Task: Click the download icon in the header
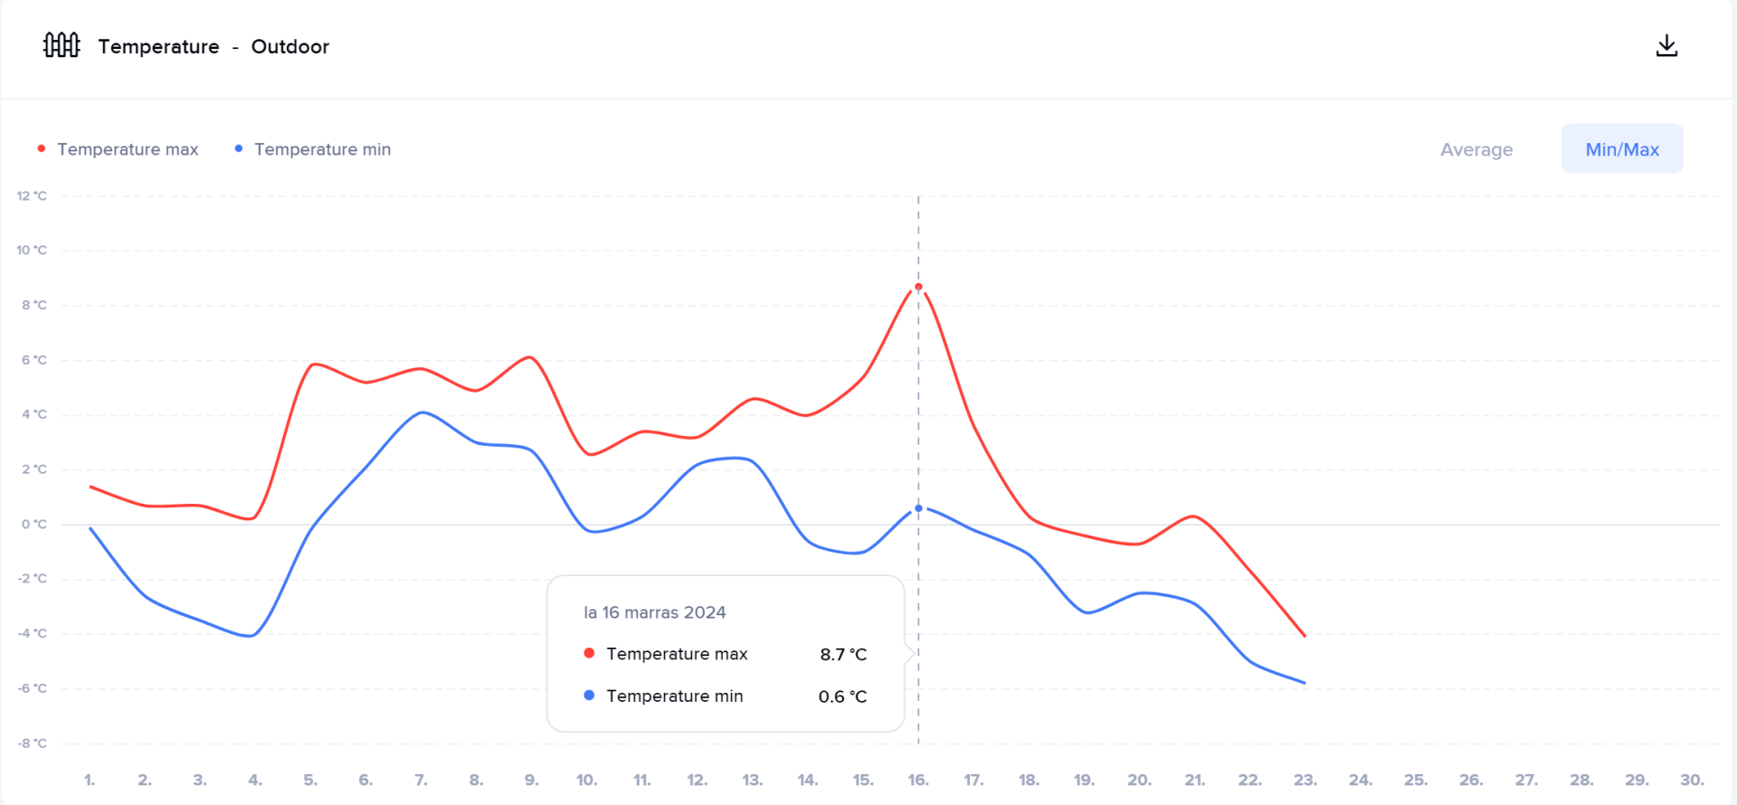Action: [1666, 46]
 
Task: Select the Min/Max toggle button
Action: [1622, 149]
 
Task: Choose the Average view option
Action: [1476, 149]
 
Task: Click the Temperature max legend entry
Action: [127, 149]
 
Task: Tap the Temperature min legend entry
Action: [322, 149]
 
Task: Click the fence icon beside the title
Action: [62, 45]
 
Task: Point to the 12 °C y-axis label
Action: [32, 196]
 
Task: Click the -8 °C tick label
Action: [32, 743]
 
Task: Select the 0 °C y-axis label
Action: [33, 525]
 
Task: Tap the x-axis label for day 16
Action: [918, 780]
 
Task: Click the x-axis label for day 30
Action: [1692, 780]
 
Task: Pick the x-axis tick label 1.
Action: [90, 780]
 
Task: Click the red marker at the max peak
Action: [918, 288]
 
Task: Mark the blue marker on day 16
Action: [918, 508]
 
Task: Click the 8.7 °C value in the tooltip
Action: [843, 654]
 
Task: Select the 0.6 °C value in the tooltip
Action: [842, 696]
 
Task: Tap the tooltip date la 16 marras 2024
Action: [655, 612]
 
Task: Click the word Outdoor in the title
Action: [289, 47]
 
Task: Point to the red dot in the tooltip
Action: [589, 653]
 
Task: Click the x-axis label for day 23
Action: [1305, 780]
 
